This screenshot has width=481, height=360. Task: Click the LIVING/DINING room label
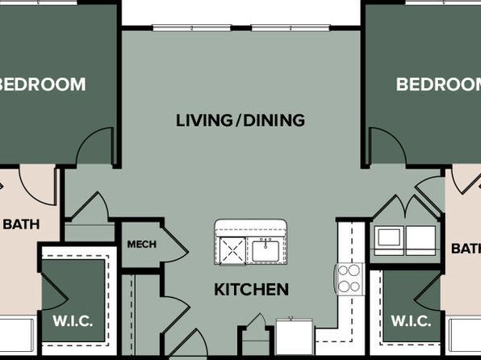240,120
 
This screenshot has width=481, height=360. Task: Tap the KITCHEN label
251,289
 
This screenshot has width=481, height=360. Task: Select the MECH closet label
142,245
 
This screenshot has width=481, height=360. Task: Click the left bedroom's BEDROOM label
42,85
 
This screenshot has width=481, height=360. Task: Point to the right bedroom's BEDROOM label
439,85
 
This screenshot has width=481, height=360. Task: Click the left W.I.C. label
73,321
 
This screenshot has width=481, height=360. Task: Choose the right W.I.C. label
411,321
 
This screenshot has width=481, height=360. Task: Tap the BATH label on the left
21,224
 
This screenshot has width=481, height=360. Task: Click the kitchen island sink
266,251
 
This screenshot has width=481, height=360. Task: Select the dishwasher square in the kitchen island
232,251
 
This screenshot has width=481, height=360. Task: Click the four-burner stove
349,279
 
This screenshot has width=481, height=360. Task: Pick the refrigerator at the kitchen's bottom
295,337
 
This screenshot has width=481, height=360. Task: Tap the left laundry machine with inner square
389,241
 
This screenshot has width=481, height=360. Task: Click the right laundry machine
421,241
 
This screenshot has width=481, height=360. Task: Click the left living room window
192,28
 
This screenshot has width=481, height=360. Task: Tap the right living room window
291,28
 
